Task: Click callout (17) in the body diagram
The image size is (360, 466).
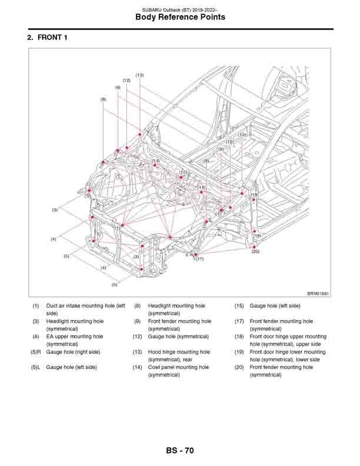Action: (x=199, y=259)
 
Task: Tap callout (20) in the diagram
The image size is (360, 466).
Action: (x=255, y=251)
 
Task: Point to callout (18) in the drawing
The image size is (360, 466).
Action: (x=255, y=195)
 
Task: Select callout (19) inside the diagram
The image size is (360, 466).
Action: (x=257, y=236)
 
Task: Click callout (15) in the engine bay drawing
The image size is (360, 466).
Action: (x=183, y=172)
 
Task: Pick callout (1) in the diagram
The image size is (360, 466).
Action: (x=118, y=228)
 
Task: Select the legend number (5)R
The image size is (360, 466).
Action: (x=36, y=352)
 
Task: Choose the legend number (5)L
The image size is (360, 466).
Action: (x=36, y=367)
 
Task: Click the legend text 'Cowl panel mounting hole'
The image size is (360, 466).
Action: (x=178, y=367)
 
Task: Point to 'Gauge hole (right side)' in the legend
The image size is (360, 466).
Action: (x=73, y=352)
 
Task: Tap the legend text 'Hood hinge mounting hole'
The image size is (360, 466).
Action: (x=179, y=352)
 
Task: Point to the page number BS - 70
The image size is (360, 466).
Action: (x=179, y=451)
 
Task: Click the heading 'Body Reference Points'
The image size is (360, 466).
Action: (x=180, y=18)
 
